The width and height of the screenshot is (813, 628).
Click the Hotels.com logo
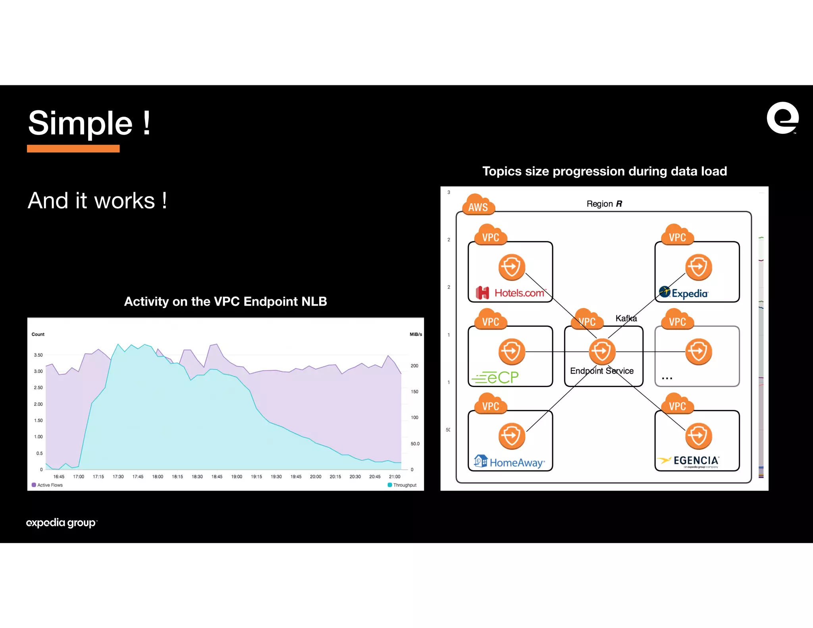coord(511,293)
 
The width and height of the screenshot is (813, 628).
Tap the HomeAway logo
coord(510,462)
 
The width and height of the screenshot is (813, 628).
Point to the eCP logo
coord(495,377)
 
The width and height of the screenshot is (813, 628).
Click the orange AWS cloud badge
coord(478,206)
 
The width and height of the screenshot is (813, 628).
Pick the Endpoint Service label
coord(602,371)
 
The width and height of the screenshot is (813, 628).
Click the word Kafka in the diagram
coord(626,318)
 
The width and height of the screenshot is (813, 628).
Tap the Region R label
coord(604,204)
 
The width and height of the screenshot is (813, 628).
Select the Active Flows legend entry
coord(47,485)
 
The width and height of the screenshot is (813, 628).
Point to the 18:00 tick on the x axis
coord(158,476)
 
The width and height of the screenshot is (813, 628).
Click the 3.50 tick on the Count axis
coord(38,355)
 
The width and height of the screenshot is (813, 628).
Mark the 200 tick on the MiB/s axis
coord(414,366)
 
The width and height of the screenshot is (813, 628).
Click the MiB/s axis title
coord(416,334)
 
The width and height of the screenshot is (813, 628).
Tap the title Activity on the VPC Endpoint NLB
coord(225,301)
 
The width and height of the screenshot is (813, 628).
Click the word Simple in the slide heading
coord(80,123)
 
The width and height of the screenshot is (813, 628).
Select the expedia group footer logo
coord(62,522)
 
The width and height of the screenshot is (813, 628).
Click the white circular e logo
coord(782,118)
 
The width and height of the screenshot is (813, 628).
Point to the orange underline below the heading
coord(73,149)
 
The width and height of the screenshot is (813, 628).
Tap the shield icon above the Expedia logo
coord(698,267)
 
